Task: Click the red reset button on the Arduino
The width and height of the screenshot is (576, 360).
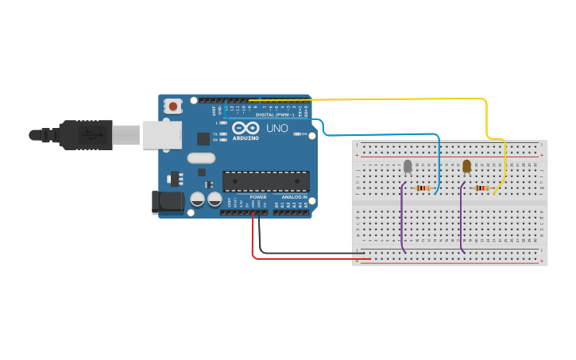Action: [x=172, y=105]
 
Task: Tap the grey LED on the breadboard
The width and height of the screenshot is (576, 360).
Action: [x=408, y=165]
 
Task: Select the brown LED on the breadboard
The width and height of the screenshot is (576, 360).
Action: [x=466, y=165]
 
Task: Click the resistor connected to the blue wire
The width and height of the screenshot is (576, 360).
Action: [x=423, y=188]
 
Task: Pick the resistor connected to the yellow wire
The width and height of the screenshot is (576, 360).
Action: [x=481, y=188]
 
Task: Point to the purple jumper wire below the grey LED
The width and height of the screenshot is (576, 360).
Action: [x=402, y=223]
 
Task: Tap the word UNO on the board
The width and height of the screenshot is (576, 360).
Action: [x=276, y=128]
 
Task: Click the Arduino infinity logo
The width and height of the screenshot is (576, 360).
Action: [x=246, y=128]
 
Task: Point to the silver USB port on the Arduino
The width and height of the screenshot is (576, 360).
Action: [x=162, y=135]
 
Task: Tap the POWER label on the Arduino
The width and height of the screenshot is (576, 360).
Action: [x=258, y=197]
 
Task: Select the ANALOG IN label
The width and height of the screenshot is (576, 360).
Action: [x=294, y=197]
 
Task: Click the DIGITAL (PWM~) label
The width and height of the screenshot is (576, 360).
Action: [x=274, y=114]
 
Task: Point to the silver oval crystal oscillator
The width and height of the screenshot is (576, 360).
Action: [x=201, y=158]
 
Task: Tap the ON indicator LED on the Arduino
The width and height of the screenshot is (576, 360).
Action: [x=297, y=134]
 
